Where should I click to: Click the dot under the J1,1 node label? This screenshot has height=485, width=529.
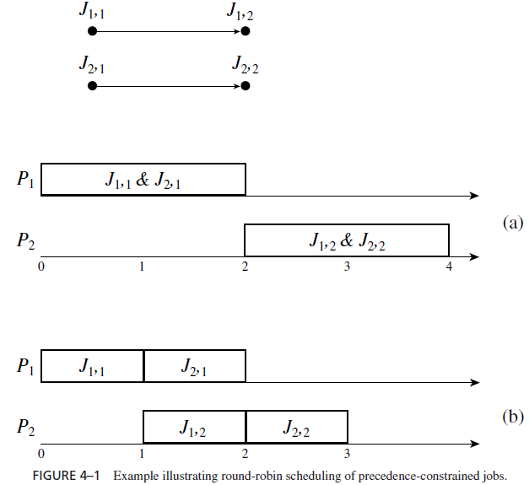pos(93,31)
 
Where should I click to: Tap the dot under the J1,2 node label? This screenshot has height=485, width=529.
pos(245,31)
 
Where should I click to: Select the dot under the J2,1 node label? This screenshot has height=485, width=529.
pos(93,85)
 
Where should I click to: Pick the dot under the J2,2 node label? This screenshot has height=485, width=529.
pos(245,85)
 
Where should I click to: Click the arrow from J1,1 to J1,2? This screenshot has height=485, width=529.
pos(169,31)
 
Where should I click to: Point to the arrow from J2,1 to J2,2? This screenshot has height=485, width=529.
pos(169,85)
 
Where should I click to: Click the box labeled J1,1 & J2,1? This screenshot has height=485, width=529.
pos(143,180)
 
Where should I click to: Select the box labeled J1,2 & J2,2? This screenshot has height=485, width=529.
pos(347,240)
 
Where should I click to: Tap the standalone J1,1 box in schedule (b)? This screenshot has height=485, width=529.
pos(93,366)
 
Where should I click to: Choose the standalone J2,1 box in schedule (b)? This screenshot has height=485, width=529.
pos(195,366)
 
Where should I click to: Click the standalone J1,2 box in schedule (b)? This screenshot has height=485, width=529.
pos(195,428)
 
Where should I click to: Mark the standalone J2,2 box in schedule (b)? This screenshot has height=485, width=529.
pos(296,428)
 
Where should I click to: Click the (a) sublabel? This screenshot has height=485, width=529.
pos(512,223)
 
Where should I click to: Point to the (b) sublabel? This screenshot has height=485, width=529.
pos(512,416)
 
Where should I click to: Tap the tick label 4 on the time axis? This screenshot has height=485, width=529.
pos(449,267)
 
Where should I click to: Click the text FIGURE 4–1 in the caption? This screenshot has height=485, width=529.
pos(66,476)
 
